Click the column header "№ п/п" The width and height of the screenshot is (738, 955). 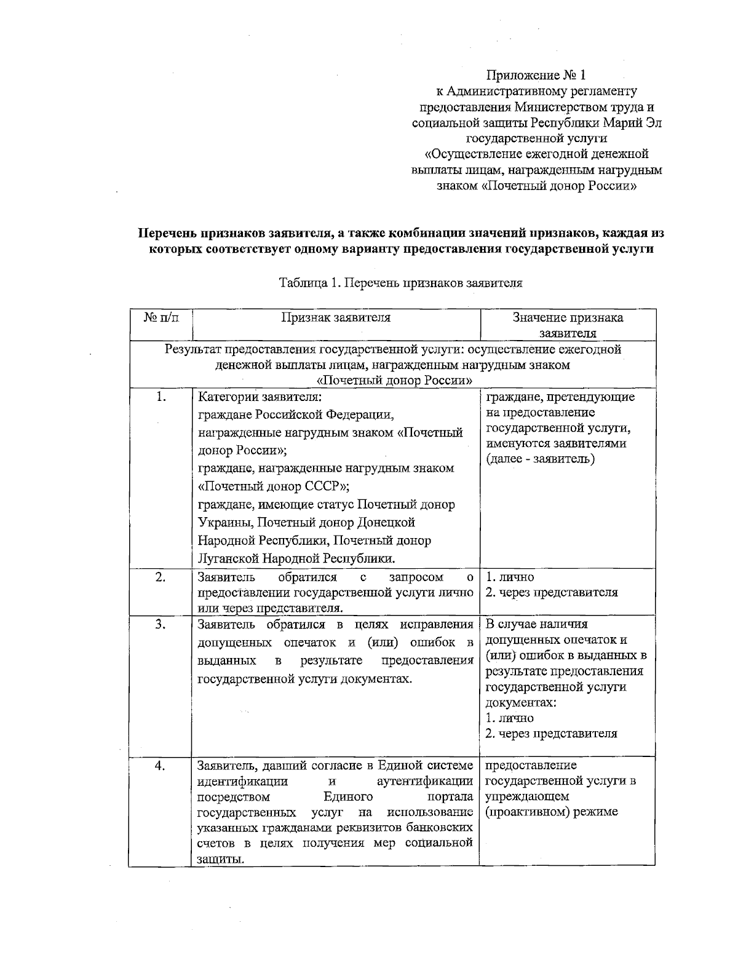pyautogui.click(x=162, y=317)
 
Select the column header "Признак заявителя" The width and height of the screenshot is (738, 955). pyautogui.click(x=336, y=317)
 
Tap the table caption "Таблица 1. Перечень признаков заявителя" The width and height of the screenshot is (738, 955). pyautogui.click(x=401, y=283)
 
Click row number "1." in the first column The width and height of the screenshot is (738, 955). pyautogui.click(x=161, y=397)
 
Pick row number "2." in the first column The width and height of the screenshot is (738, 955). pyautogui.click(x=161, y=577)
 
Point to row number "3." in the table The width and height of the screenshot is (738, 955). pyautogui.click(x=161, y=624)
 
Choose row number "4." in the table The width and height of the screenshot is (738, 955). pyautogui.click(x=161, y=766)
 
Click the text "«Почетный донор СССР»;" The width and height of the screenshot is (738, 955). pyautogui.click(x=274, y=486)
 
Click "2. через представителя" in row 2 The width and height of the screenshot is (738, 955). pyautogui.click(x=551, y=593)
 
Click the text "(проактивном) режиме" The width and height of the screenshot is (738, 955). pyautogui.click(x=551, y=812)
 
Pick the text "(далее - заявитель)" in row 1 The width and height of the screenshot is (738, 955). pyautogui.click(x=540, y=459)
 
